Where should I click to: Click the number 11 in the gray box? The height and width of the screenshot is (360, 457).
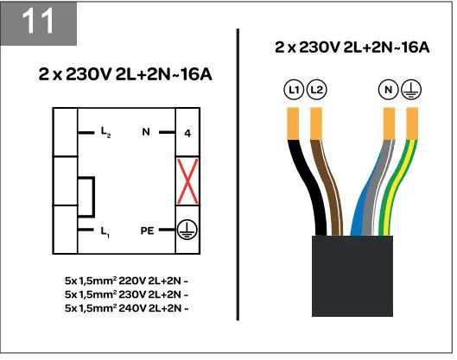(x=39, y=22)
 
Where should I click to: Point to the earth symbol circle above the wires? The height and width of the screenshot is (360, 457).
(x=412, y=88)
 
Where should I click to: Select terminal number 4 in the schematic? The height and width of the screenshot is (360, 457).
(x=187, y=134)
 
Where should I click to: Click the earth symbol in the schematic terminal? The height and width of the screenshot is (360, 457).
(x=187, y=231)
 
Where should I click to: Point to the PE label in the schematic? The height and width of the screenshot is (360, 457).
(x=146, y=231)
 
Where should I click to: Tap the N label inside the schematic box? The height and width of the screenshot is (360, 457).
(x=146, y=133)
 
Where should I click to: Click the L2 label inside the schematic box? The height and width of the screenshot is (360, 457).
(x=105, y=134)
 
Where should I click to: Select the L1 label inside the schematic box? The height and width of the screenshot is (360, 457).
(x=105, y=231)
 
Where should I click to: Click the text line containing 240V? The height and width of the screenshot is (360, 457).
(x=126, y=307)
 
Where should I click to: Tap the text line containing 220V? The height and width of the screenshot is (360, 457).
(x=126, y=280)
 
